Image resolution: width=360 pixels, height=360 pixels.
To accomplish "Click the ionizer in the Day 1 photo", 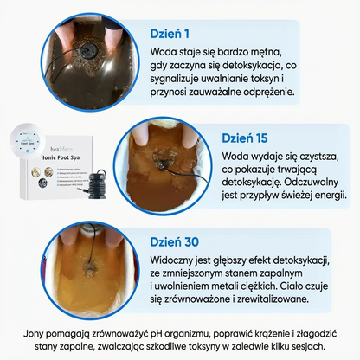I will pyautogui.click(x=86, y=37).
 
